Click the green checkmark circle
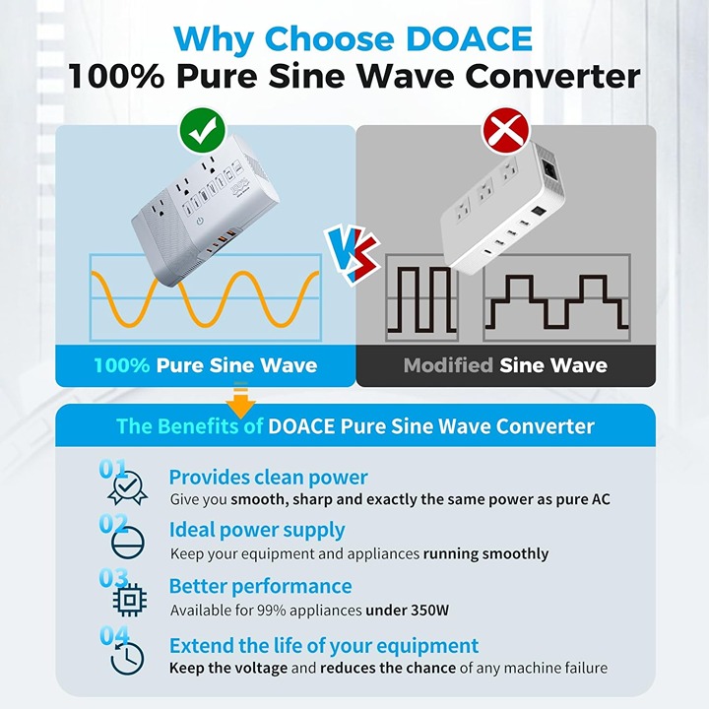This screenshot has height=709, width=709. pos(202,130)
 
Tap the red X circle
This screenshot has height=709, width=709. pos(506,131)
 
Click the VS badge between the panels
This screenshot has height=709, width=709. pos(353,254)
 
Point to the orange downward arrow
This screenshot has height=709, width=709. pos(240,401)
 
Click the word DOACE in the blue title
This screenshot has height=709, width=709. pos(469,38)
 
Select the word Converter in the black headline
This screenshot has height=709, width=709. pos(552,76)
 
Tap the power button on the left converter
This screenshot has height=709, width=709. pos(199,222)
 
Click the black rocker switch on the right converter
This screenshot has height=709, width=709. pos(539,211)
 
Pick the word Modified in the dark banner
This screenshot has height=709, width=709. pos(448,365)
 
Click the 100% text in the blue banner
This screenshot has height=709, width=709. pos(122,365)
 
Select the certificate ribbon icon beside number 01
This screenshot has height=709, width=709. pos(127,488)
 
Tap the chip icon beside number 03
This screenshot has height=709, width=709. pos(130,600)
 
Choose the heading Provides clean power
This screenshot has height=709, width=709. pos(268,478)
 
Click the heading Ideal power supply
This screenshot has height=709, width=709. pos(257,531)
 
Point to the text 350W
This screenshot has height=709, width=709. pos(429,611)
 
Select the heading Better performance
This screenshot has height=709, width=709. pos(260,586)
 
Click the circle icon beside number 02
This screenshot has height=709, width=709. pos(128,543)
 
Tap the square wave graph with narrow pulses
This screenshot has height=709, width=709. pos(421,297)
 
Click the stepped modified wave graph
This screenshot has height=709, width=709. pos(556,297)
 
